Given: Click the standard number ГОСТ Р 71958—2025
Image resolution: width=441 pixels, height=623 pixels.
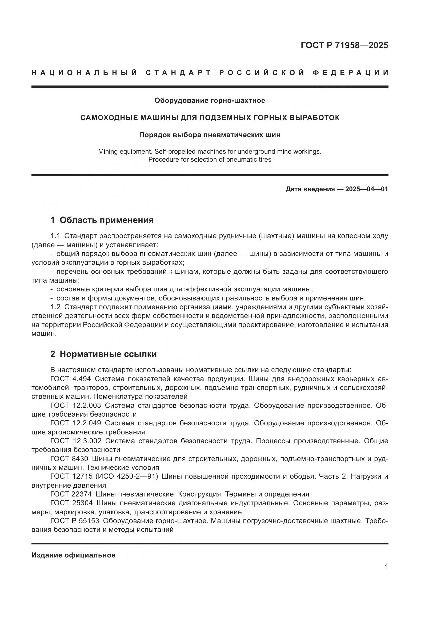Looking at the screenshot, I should point(344,45).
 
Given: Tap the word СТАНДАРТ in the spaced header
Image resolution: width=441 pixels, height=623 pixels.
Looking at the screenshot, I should point(178,73).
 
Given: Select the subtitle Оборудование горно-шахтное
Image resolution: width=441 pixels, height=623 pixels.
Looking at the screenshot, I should point(210,101).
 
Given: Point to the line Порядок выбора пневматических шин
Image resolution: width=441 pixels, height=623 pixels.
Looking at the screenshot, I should point(210,135).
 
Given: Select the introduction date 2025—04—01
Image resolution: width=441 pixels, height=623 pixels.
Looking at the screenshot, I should point(367,189).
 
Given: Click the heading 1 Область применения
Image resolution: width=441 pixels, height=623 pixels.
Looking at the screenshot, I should point(102,220).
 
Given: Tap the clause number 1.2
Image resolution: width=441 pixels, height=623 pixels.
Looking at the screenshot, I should point(56,307).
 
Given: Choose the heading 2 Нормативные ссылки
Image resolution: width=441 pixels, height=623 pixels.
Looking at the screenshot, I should point(103,354).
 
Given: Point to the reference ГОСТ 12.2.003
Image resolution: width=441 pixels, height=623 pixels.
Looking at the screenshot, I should point(75,405).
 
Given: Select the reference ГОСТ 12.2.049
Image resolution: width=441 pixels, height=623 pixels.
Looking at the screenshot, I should point(75,423).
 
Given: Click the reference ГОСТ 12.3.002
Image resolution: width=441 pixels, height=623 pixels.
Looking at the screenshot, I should point(76,441).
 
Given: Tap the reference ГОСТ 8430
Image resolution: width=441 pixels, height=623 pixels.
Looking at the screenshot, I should point(69,459).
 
